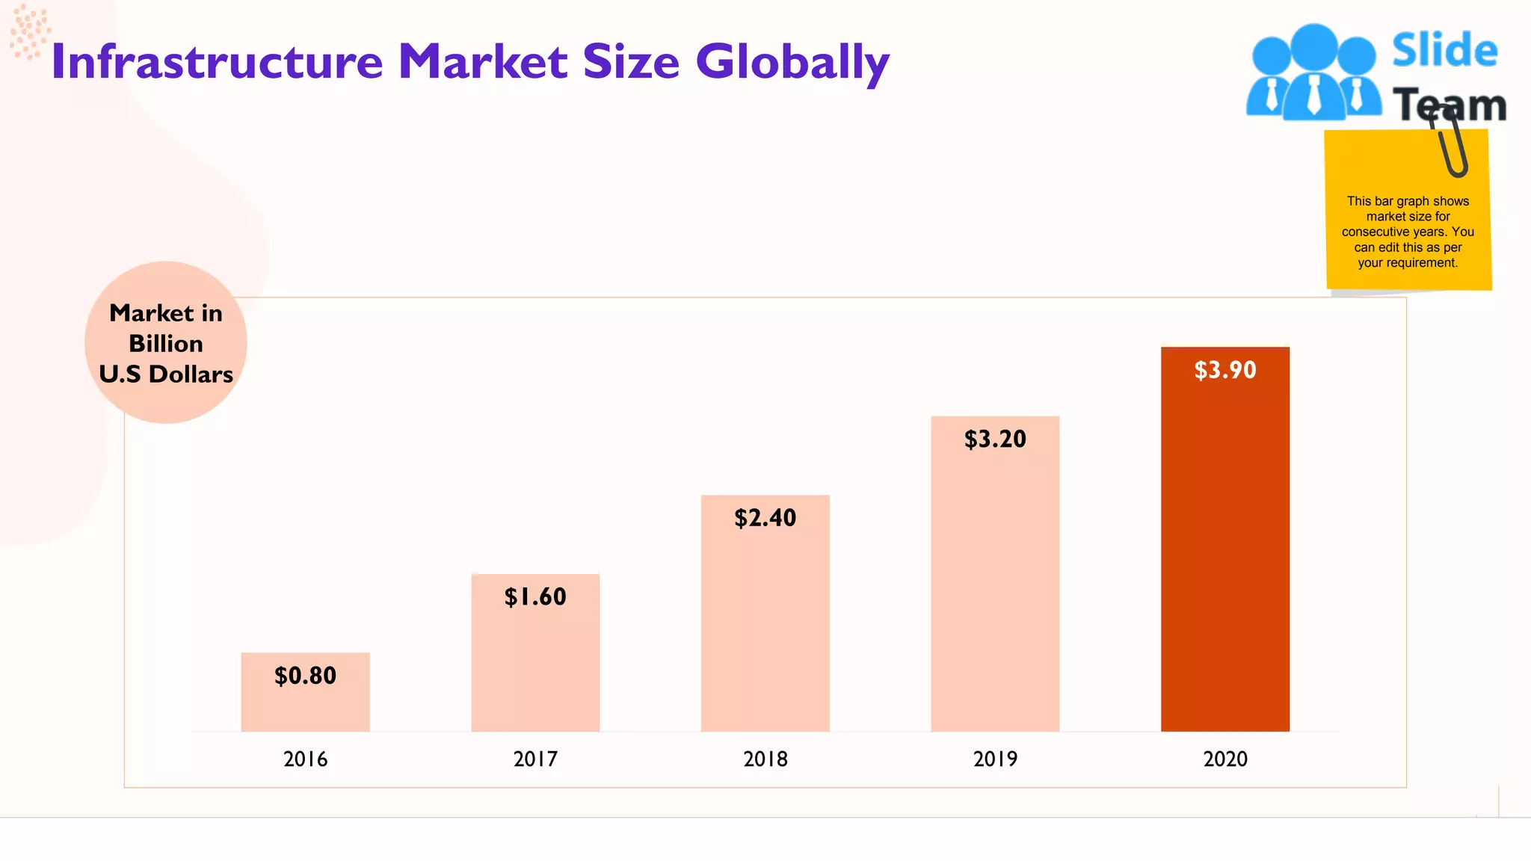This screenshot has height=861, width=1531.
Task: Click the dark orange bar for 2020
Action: coord(1225,553)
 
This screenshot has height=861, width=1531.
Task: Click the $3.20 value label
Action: coord(995,439)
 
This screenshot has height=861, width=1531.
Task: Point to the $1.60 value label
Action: coord(535,596)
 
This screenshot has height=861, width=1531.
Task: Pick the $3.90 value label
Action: coord(1225,370)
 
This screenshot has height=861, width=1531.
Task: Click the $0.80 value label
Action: coord(305,676)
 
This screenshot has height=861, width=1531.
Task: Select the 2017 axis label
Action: coord(535,759)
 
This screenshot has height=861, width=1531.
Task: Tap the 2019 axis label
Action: coord(995,759)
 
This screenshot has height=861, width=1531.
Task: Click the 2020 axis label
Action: coord(1225,759)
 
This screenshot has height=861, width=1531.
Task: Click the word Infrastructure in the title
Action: coord(217,61)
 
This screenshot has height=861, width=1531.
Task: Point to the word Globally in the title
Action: coord(792,63)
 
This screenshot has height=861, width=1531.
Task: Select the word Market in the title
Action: coord(483,61)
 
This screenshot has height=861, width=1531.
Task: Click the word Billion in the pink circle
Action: coord(166,343)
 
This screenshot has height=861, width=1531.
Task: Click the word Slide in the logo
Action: coord(1444,51)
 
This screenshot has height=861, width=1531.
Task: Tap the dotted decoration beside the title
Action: coord(30,31)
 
